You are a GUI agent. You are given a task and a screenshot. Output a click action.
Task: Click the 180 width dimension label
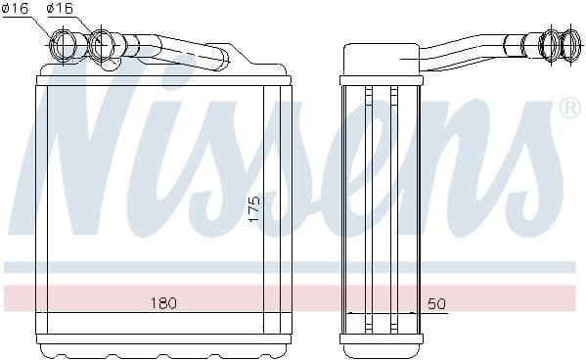point(163,303)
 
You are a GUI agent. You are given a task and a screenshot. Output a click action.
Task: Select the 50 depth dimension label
point(436,304)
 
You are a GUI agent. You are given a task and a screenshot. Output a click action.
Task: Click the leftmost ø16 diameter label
point(17,9)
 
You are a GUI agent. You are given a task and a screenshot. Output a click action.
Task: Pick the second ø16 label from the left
point(61,9)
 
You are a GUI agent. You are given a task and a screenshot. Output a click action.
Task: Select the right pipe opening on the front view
point(102,44)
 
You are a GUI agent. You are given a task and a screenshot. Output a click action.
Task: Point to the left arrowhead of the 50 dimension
point(350,314)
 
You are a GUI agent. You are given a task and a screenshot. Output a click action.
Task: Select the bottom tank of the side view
point(380,341)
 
